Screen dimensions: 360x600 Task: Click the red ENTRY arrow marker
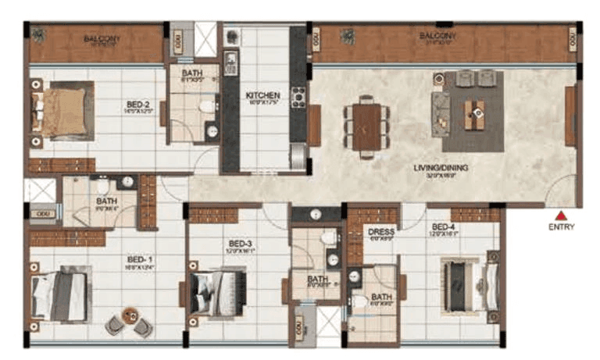click(x=560, y=216)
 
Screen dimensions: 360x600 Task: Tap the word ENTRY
click(x=561, y=228)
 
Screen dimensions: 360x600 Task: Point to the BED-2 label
click(x=140, y=102)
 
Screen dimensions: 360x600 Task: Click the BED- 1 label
click(x=141, y=262)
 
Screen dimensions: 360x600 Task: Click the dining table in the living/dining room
click(x=366, y=125)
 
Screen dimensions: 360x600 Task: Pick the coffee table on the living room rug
click(x=473, y=114)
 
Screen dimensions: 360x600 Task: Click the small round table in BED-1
click(x=130, y=318)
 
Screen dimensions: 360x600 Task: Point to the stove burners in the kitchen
click(x=298, y=98)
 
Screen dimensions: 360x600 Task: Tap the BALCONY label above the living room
click(x=433, y=37)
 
